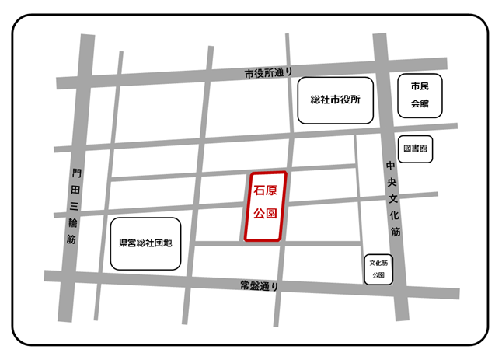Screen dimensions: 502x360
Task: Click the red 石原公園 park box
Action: (265, 206)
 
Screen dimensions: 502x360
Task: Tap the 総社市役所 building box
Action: (336, 100)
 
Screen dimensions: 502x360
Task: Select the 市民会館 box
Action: (420, 95)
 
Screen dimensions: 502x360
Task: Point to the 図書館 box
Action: (416, 147)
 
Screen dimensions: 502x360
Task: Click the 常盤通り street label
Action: (259, 287)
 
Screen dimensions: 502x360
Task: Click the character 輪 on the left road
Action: (74, 222)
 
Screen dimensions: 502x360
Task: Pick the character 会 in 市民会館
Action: (420, 103)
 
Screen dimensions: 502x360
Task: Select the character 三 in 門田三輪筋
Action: (75, 205)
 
